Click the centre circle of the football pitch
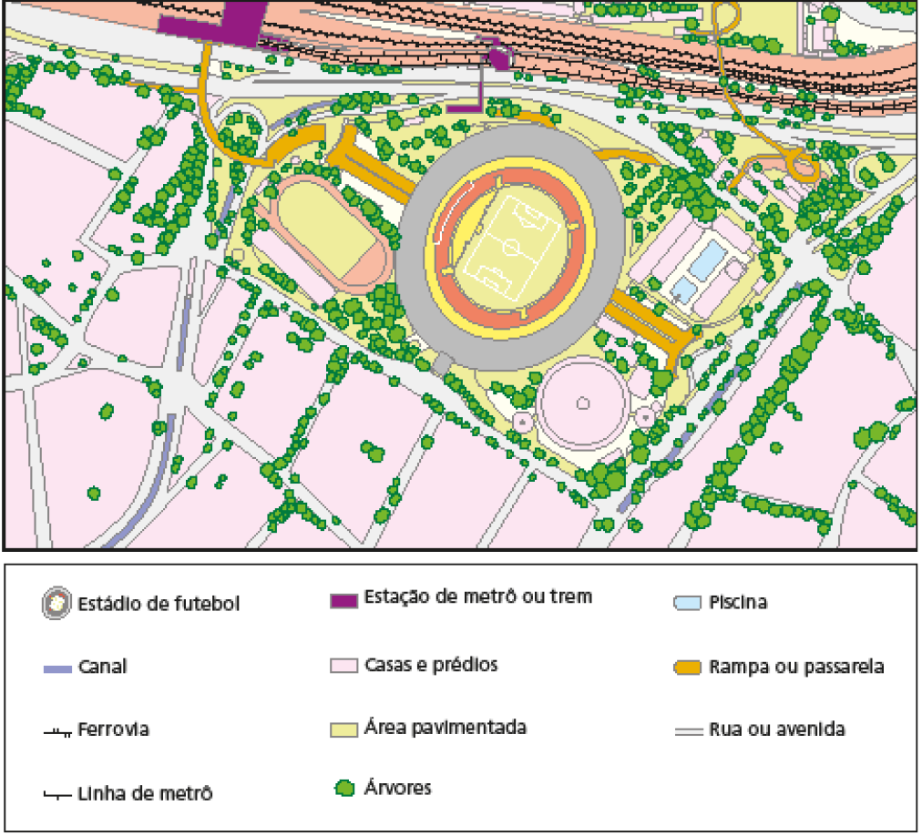(510, 246)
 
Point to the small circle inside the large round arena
(582, 402)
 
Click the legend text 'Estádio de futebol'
(159, 604)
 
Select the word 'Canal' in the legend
(102, 667)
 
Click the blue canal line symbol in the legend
(56, 668)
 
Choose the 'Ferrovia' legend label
(113, 730)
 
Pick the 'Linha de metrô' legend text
(145, 793)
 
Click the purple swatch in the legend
(343, 600)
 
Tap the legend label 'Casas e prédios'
(431, 665)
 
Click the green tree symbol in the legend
(343, 789)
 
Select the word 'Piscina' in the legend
(738, 603)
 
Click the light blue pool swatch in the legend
(687, 603)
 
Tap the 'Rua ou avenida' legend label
(776, 729)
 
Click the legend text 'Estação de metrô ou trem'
(477, 597)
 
